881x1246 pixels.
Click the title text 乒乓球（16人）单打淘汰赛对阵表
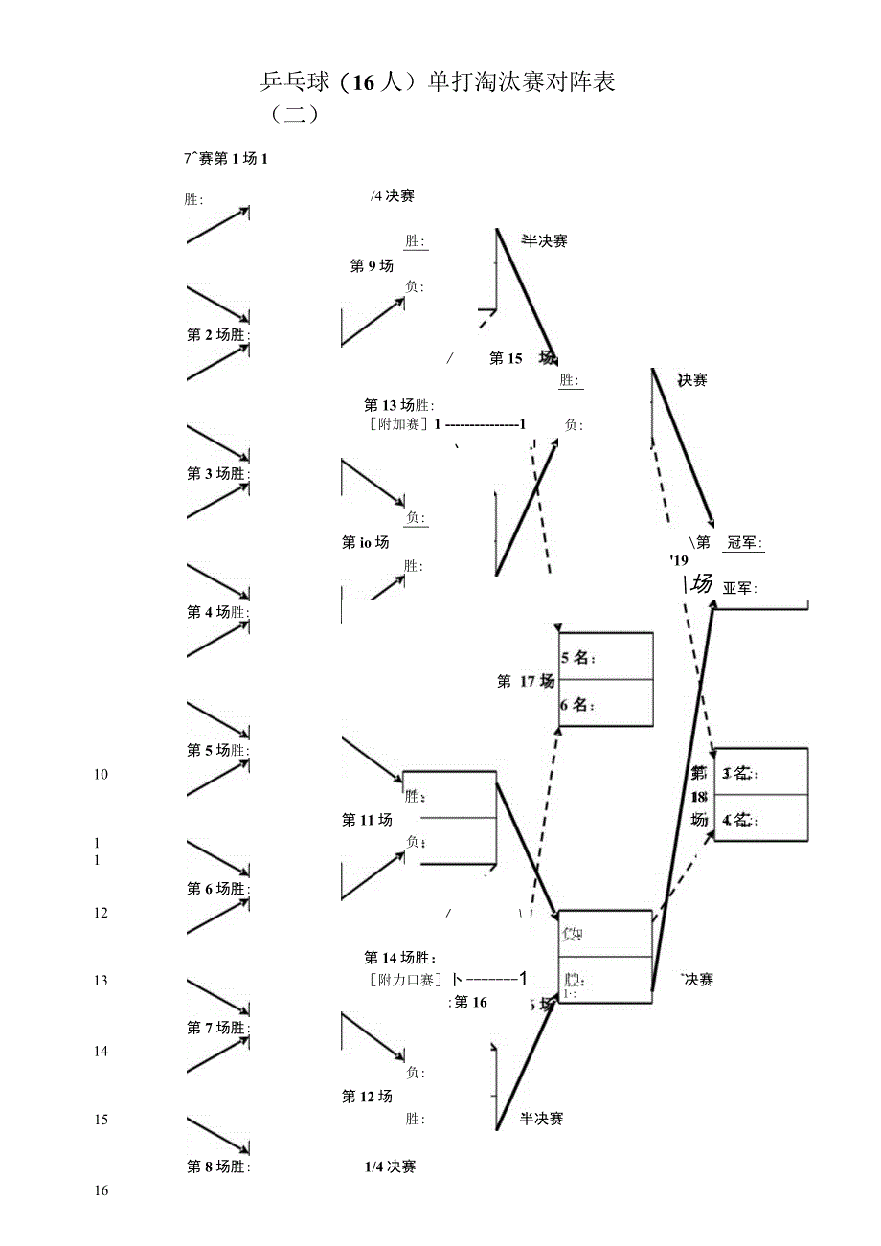pyautogui.click(x=436, y=82)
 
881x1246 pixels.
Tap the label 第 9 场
pyautogui.click(x=372, y=266)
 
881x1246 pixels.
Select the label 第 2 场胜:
pyautogui.click(x=218, y=335)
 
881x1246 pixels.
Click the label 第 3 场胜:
pyautogui.click(x=218, y=473)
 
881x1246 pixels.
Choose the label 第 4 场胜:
pyautogui.click(x=218, y=612)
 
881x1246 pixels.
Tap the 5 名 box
pyautogui.click(x=605, y=657)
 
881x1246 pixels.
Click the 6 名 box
pyautogui.click(x=605, y=704)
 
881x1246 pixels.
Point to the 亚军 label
pyautogui.click(x=739, y=588)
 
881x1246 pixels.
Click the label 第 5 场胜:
pyautogui.click(x=218, y=750)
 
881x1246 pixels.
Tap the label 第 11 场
pyautogui.click(x=367, y=820)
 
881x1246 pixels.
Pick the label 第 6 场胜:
pyautogui.click(x=218, y=889)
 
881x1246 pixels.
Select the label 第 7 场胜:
pyautogui.click(x=218, y=1028)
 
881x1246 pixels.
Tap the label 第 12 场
pyautogui.click(x=367, y=1097)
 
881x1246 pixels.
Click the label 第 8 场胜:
pyautogui.click(x=218, y=1167)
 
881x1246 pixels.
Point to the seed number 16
pyautogui.click(x=102, y=1190)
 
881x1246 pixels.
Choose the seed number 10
pyautogui.click(x=102, y=775)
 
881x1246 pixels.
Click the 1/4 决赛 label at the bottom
pyautogui.click(x=390, y=1167)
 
